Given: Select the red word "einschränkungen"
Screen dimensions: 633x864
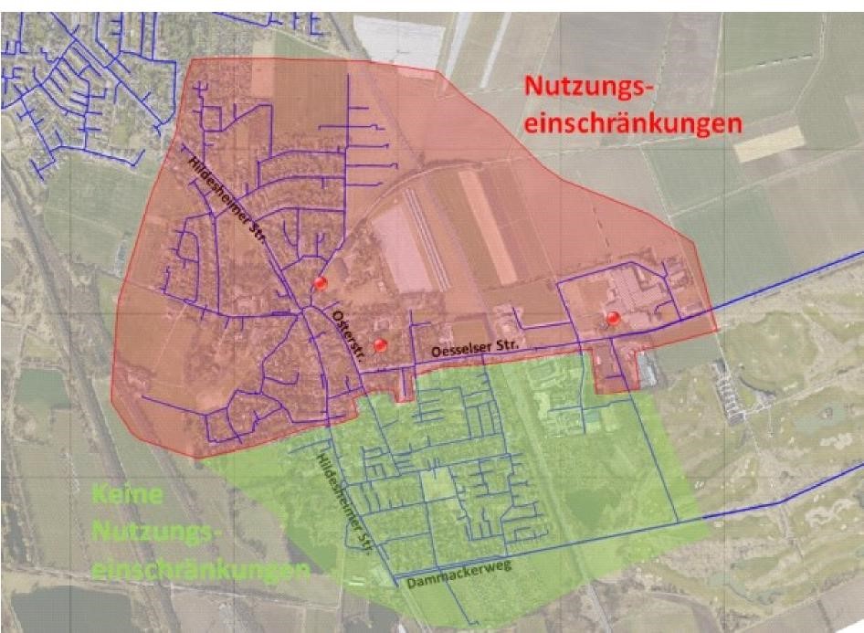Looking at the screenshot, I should click(x=633, y=124).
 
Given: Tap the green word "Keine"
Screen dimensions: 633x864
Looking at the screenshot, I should click(x=128, y=497).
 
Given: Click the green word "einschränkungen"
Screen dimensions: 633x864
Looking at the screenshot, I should click(x=200, y=570).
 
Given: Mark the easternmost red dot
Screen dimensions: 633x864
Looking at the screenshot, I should click(x=613, y=318).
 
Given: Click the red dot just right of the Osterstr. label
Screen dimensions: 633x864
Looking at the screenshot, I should click(x=381, y=344).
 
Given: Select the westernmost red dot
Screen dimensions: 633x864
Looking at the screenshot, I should click(x=320, y=283).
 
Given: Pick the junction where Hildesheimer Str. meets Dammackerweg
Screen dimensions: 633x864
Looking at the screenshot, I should click(x=396, y=578).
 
